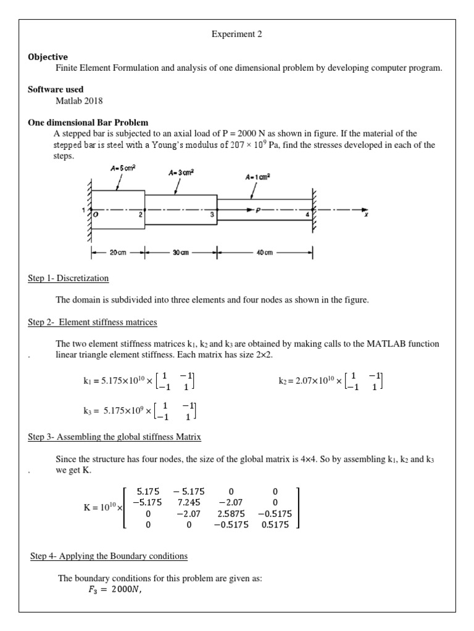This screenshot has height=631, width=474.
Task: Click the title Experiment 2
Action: (237, 35)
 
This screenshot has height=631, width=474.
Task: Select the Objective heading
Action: (48, 57)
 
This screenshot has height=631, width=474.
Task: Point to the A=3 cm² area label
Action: (181, 173)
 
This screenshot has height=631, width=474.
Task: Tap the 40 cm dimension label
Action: (265, 253)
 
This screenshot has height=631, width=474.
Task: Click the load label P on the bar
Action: (259, 210)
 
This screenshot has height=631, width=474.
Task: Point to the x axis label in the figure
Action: (366, 216)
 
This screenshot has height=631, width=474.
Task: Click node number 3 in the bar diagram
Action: (212, 214)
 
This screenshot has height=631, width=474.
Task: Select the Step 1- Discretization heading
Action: (69, 279)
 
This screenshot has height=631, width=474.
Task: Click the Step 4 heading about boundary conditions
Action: (109, 556)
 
